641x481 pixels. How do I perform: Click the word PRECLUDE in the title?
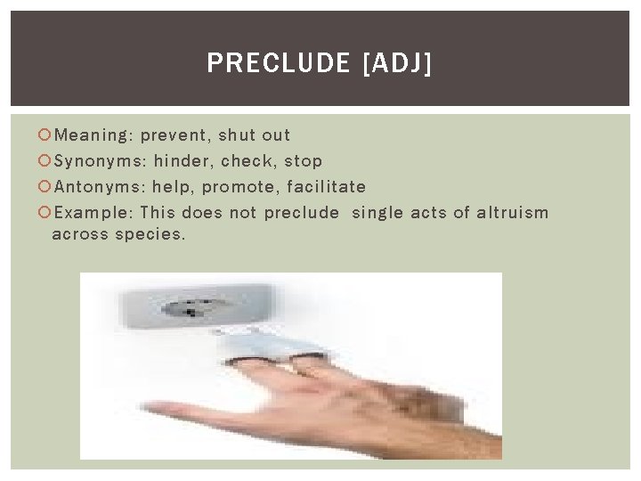(279, 63)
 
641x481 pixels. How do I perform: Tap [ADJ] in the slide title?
(399, 63)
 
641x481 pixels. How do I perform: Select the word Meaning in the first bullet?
(92, 135)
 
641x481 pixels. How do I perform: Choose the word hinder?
(182, 161)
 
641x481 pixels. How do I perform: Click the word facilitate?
(327, 187)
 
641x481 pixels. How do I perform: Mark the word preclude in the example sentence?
(302, 213)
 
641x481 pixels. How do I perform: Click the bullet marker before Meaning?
(45, 135)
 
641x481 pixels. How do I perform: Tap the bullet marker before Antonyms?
(45, 187)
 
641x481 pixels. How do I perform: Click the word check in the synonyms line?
(247, 161)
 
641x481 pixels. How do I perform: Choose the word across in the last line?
(79, 234)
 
